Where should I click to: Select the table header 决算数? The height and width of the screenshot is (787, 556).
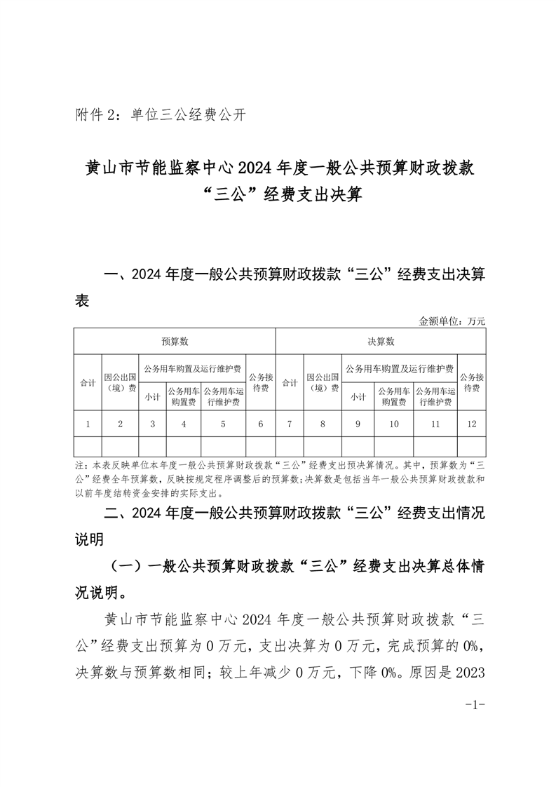pyautogui.click(x=381, y=342)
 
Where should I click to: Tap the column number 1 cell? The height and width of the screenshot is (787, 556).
pyautogui.click(x=88, y=424)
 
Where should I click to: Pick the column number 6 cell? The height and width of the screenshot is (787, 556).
pyautogui.click(x=261, y=424)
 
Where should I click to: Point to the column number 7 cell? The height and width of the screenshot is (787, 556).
pyautogui.click(x=290, y=424)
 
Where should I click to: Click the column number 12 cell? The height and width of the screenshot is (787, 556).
pyautogui.click(x=471, y=424)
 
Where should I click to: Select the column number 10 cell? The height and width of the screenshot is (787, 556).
pyautogui.click(x=394, y=424)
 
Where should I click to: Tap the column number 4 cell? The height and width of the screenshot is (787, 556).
pyautogui.click(x=184, y=424)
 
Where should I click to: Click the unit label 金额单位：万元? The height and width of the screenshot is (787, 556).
pyautogui.click(x=452, y=321)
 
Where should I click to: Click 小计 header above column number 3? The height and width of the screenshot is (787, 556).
pyautogui.click(x=152, y=396)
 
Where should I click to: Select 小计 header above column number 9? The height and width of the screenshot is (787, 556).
pyautogui.click(x=358, y=396)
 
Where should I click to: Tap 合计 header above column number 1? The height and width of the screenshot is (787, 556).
pyautogui.click(x=88, y=383)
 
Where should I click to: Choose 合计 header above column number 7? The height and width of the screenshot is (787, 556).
pyautogui.click(x=290, y=383)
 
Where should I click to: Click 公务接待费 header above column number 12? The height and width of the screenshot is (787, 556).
pyautogui.click(x=471, y=382)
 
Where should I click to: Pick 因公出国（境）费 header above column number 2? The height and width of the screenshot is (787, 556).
pyautogui.click(x=121, y=383)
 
